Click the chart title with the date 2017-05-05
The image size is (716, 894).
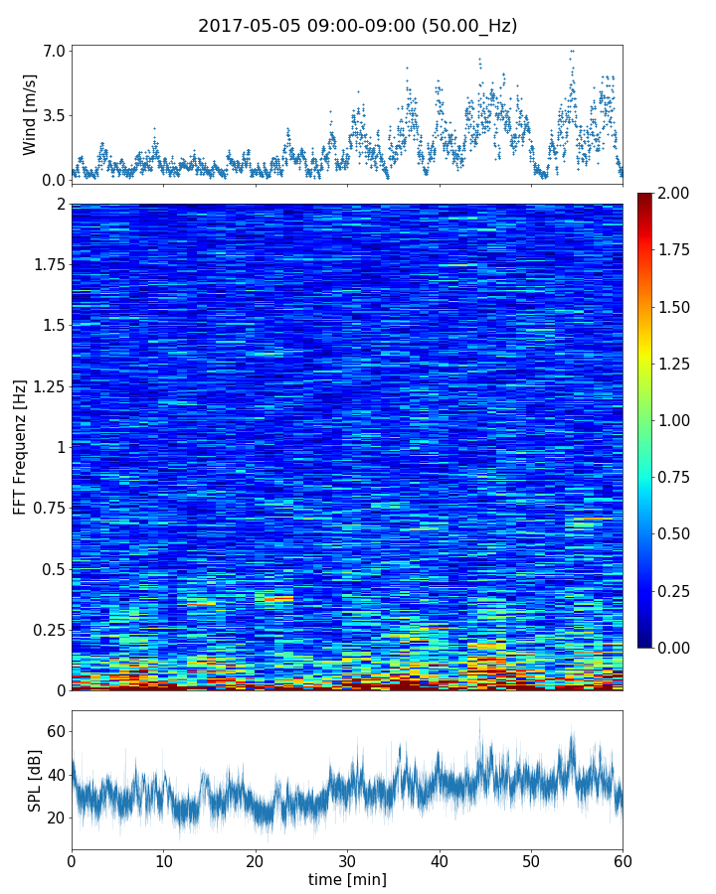(357, 26)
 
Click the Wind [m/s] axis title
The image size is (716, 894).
(30, 114)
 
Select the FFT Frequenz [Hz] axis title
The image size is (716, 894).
(20, 447)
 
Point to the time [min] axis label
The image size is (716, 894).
(347, 879)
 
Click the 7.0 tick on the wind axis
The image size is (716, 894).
(54, 51)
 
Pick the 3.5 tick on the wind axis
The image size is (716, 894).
(54, 115)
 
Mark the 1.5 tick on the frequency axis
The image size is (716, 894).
(54, 326)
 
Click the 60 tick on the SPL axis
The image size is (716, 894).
(56, 732)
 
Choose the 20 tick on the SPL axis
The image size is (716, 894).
(56, 818)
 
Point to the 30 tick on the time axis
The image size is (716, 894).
(347, 860)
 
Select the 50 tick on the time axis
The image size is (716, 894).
(531, 860)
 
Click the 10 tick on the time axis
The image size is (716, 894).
(163, 860)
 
